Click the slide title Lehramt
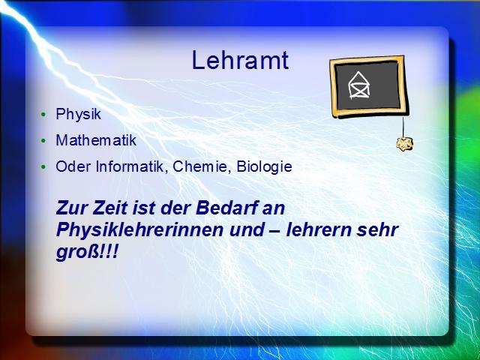(x=240, y=60)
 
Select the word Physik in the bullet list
(x=78, y=114)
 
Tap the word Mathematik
(x=96, y=140)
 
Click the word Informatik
(x=132, y=166)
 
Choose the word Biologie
(x=265, y=166)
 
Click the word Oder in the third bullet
(x=73, y=166)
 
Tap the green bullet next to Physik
(x=43, y=115)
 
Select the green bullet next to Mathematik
(x=43, y=141)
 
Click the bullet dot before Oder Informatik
(x=43, y=167)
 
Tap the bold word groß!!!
(x=87, y=253)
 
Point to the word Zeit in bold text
(x=110, y=208)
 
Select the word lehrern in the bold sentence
(x=318, y=230)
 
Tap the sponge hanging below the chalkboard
(x=405, y=143)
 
